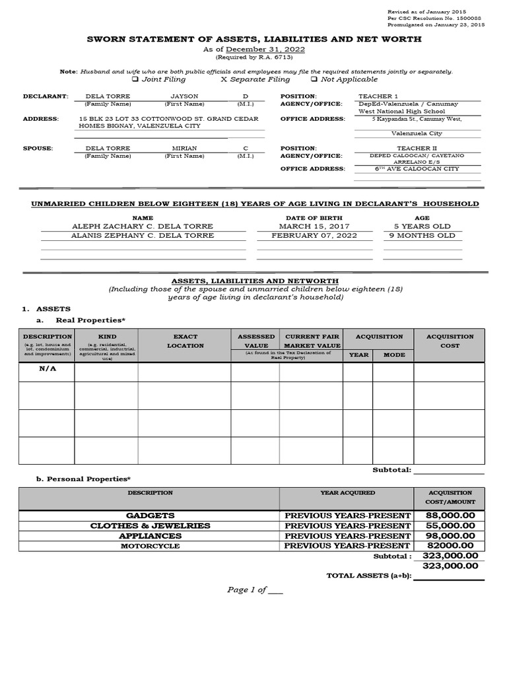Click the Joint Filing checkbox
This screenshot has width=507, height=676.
[135, 80]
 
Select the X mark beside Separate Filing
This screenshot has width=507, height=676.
[224, 80]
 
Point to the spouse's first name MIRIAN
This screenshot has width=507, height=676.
[184, 149]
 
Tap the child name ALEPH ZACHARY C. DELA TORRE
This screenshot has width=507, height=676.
[143, 226]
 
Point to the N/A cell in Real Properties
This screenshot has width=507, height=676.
[48, 368]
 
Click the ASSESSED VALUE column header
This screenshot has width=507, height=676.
[256, 341]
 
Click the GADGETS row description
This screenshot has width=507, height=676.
[150, 515]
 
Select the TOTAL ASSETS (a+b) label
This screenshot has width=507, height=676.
[368, 576]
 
